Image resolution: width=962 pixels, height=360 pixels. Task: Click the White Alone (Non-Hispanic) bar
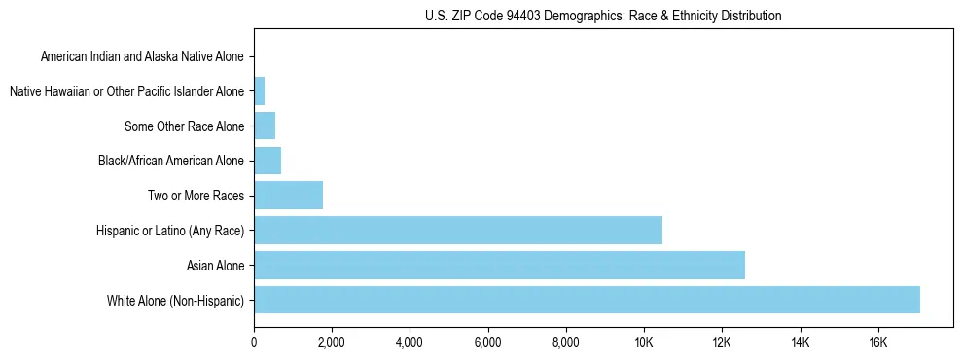click(x=587, y=300)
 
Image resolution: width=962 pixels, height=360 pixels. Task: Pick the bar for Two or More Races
click(x=288, y=196)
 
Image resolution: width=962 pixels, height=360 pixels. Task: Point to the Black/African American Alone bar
click(x=267, y=161)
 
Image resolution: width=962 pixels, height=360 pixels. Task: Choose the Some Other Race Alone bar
click(x=265, y=126)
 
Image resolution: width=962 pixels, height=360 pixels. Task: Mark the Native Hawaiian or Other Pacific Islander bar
click(x=259, y=91)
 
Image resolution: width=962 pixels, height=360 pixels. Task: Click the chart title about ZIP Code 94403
click(x=603, y=16)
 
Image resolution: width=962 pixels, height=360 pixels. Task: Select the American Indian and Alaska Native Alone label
click(x=143, y=57)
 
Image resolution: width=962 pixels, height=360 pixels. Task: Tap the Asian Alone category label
click(x=216, y=266)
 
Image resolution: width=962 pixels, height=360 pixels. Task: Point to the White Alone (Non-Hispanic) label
click(x=176, y=300)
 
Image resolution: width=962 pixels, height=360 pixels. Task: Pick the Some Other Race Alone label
click(x=185, y=126)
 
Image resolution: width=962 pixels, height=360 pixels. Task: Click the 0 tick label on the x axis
click(x=254, y=342)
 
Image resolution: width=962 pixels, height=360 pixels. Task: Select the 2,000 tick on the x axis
click(x=332, y=342)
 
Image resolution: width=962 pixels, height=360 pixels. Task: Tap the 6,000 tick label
click(x=487, y=342)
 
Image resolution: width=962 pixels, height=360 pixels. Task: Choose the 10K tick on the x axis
click(x=644, y=342)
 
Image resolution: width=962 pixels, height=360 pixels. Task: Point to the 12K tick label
click(x=722, y=342)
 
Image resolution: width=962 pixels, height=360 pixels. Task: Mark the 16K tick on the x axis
click(x=877, y=342)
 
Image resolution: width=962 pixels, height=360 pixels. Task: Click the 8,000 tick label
click(x=565, y=342)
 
